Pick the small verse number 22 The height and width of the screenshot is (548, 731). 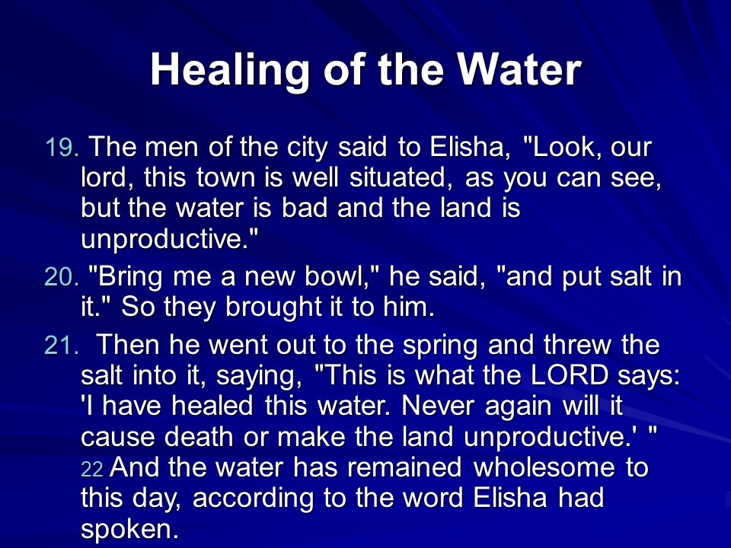pyautogui.click(x=92, y=470)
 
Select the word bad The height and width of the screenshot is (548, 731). pyautogui.click(x=305, y=208)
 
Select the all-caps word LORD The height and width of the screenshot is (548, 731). pyautogui.click(x=570, y=375)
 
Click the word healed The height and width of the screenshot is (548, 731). pyautogui.click(x=212, y=406)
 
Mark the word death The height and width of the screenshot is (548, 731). pyautogui.click(x=199, y=437)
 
